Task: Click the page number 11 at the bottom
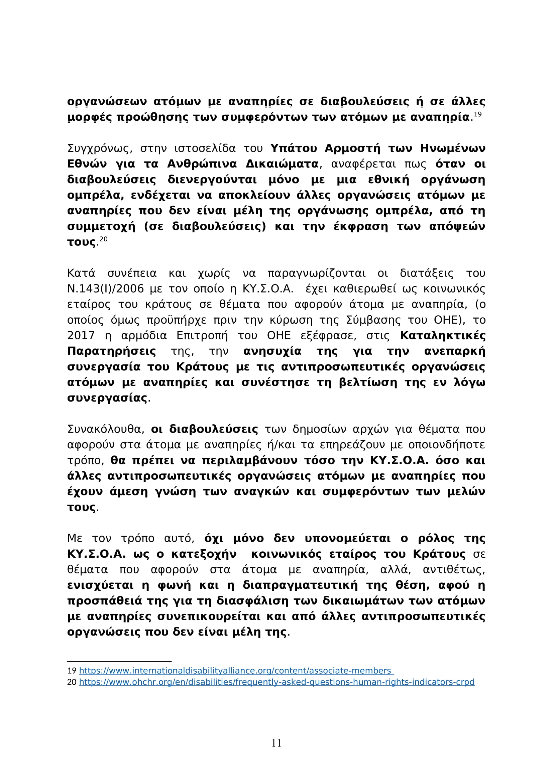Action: pyautogui.click(x=276, y=743)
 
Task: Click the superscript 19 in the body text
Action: pyautogui.click(x=478, y=114)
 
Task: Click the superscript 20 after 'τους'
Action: pyautogui.click(x=104, y=239)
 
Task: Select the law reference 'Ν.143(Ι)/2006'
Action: pyautogui.click(x=106, y=289)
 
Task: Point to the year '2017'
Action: pyautogui.click(x=81, y=335)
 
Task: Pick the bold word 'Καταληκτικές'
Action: pyautogui.click(x=443, y=335)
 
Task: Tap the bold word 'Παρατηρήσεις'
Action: pyautogui.click(x=111, y=351)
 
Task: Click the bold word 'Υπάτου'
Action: pyautogui.click(x=294, y=148)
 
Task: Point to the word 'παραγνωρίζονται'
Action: pyautogui.click(x=316, y=273)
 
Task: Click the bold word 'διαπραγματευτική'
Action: pyautogui.click(x=300, y=585)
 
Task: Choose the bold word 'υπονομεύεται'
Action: pyautogui.click(x=347, y=539)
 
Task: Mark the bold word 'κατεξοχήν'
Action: pyautogui.click(x=204, y=554)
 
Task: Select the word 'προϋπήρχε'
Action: pyautogui.click(x=176, y=320)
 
